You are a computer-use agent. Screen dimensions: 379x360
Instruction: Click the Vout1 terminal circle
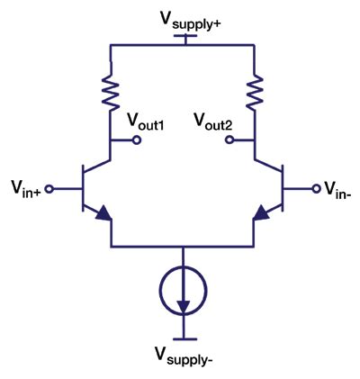click(136, 140)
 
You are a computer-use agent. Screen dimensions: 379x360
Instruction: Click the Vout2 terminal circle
click(229, 140)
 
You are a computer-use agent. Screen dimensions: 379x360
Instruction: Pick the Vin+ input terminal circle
click(50, 189)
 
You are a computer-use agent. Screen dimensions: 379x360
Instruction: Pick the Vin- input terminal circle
click(316, 189)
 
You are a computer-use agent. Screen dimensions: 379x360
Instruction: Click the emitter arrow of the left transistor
click(103, 213)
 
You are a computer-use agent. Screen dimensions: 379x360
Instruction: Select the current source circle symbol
click(184, 293)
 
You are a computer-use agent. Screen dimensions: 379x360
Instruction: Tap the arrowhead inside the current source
click(184, 306)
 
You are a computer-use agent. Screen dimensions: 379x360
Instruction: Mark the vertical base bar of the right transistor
click(283, 189)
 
